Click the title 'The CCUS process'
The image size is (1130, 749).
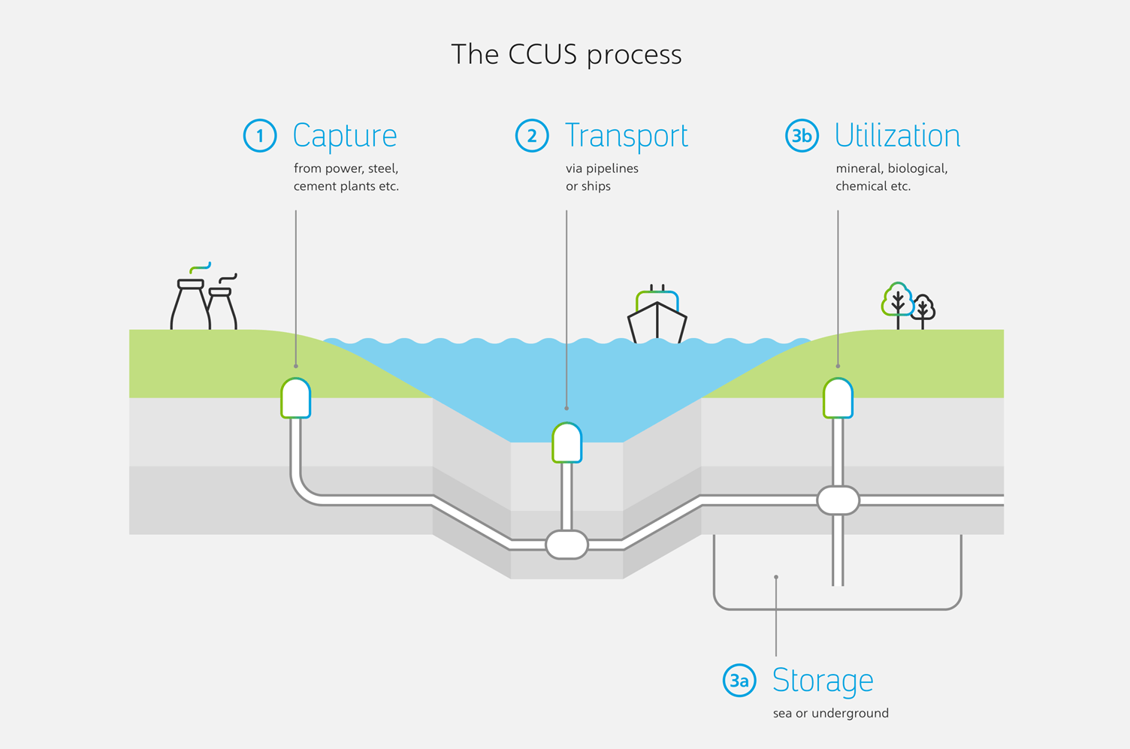pos(566,55)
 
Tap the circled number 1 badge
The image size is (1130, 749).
pos(260,136)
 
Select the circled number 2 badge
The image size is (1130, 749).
pos(532,136)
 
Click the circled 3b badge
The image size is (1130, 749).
pos(802,136)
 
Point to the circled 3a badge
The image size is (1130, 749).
pos(739,681)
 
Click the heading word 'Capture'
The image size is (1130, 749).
pos(344,136)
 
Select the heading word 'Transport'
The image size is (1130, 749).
pos(626,136)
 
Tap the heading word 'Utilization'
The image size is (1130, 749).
pos(897,136)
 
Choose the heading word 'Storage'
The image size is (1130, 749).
pos(823,681)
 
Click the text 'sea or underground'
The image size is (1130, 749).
pos(830,713)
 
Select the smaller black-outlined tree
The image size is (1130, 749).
pos(923,309)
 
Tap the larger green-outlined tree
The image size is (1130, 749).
pos(897,301)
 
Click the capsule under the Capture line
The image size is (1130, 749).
pos(296,398)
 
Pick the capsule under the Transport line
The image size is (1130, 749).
pos(567,442)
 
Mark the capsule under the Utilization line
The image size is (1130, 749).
pos(838,398)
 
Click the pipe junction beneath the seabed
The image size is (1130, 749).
pos(567,545)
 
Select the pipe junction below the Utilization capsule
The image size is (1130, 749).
pos(838,500)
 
